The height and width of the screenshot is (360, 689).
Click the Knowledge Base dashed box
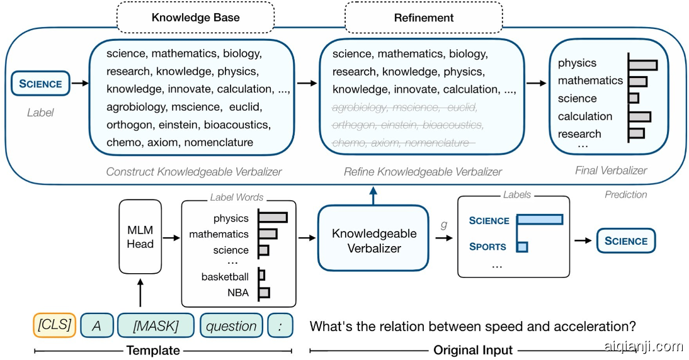click(x=196, y=18)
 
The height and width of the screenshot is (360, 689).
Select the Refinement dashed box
click(x=423, y=18)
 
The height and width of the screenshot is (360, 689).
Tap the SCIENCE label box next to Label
click(x=40, y=84)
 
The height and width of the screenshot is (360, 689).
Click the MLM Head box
click(x=140, y=235)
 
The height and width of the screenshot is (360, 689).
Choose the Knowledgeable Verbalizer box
click(x=374, y=240)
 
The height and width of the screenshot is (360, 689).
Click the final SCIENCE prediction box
click(x=625, y=240)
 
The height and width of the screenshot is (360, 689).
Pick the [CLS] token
click(x=54, y=325)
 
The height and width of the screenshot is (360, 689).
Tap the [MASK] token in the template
click(x=156, y=325)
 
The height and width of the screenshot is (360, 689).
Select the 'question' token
click(x=231, y=325)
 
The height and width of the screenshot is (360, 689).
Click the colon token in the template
click(x=280, y=325)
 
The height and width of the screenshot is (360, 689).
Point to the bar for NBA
click(x=264, y=293)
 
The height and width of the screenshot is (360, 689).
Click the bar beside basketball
click(x=261, y=276)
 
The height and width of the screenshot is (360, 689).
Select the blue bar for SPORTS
click(x=522, y=246)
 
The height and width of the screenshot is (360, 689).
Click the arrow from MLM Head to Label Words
click(x=171, y=237)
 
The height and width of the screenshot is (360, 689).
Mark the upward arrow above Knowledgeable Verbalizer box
click(x=374, y=195)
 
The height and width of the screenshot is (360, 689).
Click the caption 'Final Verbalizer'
click(x=611, y=171)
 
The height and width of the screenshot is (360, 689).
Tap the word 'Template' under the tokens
click(x=153, y=350)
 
